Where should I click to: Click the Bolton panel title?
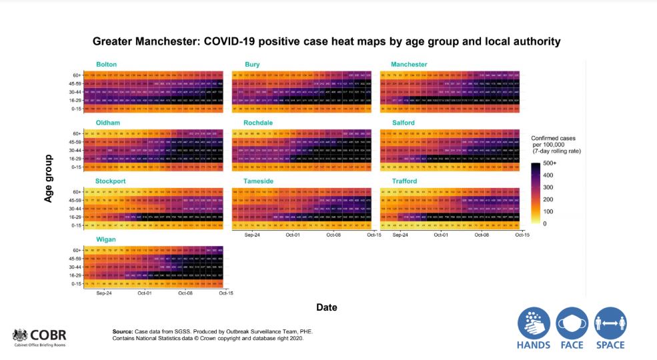pos(106,65)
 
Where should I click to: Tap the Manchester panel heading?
pos(410,65)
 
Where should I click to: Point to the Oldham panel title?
pos(107,123)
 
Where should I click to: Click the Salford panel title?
pos(404,123)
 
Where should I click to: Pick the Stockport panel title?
pos(111,181)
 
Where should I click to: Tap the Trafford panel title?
pos(405,181)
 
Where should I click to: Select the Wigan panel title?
pos(105,239)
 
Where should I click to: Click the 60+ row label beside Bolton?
pos(77,75)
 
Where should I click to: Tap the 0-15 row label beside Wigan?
pos(76,283)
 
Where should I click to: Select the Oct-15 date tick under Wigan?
pos(224,293)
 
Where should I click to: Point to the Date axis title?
pos(327,307)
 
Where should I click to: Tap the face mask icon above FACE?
pos(572,323)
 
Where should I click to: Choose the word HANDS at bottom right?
pos(534,345)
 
